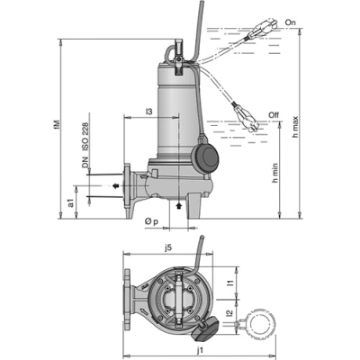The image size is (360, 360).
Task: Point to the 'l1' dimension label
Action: [231, 283]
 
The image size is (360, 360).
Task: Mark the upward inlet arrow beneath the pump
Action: [179, 206]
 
